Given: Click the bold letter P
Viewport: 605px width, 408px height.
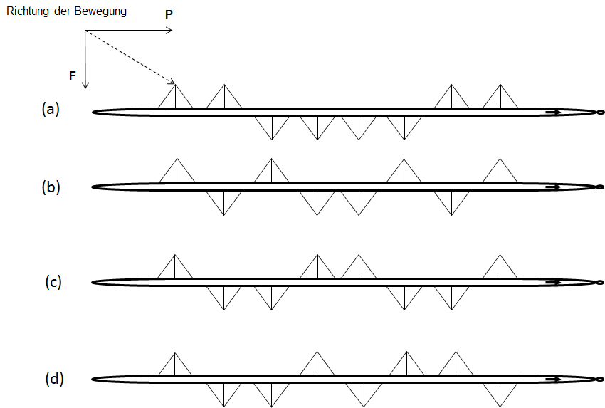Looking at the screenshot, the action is [168, 14].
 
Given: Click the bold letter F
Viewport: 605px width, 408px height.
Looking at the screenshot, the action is [73, 74].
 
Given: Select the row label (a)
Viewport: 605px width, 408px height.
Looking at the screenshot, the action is [51, 109].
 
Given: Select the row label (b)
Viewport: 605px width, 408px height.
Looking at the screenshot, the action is [51, 187].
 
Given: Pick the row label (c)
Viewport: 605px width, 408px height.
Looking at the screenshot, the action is [53, 281].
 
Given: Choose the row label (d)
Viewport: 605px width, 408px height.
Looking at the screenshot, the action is [54, 378].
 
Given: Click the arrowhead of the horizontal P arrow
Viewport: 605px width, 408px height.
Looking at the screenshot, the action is [169, 31].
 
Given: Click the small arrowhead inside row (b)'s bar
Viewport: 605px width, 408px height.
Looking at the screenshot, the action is [554, 187].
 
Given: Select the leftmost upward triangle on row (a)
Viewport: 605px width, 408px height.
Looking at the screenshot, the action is [176, 98].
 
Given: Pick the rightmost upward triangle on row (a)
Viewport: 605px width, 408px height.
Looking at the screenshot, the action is [500, 98].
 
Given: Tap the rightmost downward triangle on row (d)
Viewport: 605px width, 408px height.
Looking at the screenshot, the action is [500, 391].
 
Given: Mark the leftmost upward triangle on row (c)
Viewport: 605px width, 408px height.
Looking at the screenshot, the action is [176, 268].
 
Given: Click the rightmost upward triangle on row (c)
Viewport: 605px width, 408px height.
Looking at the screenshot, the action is [500, 268].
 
